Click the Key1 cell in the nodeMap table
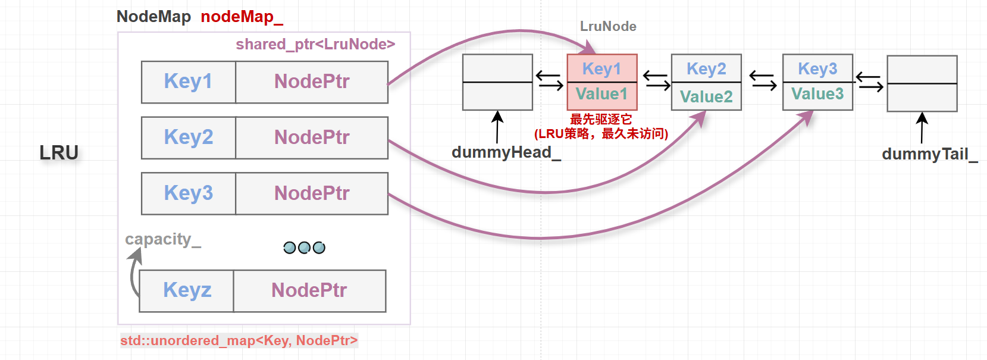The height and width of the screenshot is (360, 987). (188, 82)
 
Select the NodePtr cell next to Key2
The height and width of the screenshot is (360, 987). (312, 137)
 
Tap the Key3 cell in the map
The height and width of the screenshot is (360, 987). (188, 193)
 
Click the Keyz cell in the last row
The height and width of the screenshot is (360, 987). (187, 290)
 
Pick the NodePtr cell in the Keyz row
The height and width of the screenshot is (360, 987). (309, 290)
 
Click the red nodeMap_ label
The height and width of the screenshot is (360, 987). (242, 17)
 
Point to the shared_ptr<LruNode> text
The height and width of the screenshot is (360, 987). (315, 45)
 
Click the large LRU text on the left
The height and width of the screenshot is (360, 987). (59, 153)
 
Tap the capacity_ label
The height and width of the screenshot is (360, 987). (162, 239)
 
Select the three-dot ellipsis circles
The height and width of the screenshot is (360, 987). (304, 248)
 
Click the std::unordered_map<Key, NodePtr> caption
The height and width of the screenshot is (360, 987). (239, 340)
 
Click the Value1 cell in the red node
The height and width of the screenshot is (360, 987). (601, 95)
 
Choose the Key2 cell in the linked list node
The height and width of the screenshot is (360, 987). (706, 69)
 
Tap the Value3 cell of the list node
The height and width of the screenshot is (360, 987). (817, 95)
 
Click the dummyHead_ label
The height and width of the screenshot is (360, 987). (506, 152)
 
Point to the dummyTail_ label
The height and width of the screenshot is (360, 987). (929, 154)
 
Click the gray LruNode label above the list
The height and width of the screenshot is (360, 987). (608, 26)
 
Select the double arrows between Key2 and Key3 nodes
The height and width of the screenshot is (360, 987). (762, 80)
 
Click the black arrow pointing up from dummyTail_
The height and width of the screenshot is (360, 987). (922, 127)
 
